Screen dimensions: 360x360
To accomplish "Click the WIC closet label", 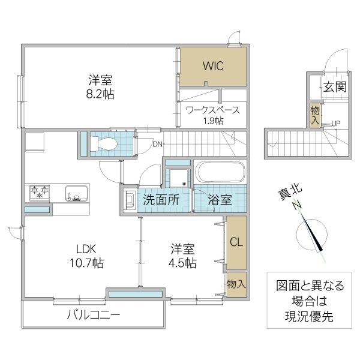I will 212,66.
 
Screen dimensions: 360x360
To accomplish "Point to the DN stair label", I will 157,144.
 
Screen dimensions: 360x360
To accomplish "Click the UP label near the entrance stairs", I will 336,124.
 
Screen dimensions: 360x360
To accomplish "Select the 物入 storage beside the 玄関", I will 315,113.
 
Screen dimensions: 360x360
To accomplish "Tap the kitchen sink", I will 76,194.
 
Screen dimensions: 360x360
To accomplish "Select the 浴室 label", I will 220,200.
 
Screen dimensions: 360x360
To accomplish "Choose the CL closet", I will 236,243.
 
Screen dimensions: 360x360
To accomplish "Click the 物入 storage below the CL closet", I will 236,283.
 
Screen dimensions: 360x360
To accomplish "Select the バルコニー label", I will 93,314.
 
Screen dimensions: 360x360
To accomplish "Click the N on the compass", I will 296,206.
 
